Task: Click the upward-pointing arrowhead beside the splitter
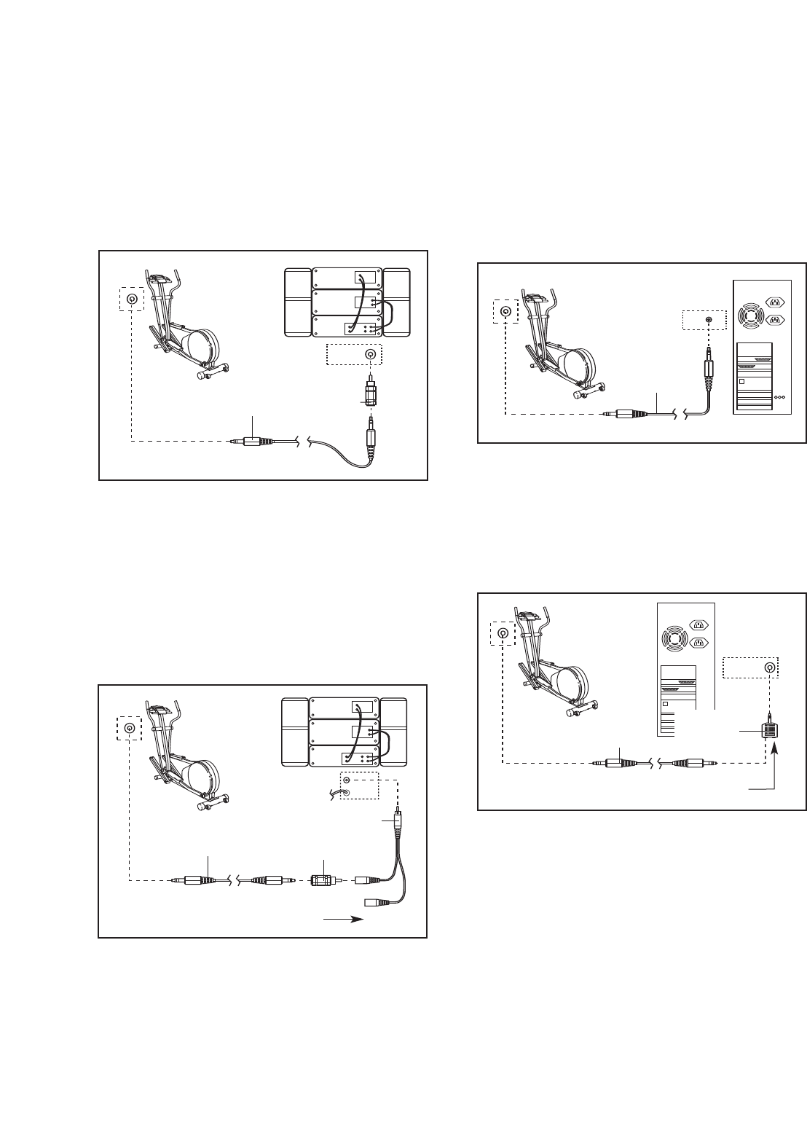point(774,749)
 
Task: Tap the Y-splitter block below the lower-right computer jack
point(768,731)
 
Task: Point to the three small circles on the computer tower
point(780,397)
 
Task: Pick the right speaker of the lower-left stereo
point(394,732)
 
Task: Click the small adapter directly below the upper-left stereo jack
point(370,395)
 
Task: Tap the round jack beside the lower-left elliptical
point(130,728)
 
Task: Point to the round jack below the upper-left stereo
point(371,355)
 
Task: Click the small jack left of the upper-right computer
point(708,319)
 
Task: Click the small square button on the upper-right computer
point(742,382)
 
